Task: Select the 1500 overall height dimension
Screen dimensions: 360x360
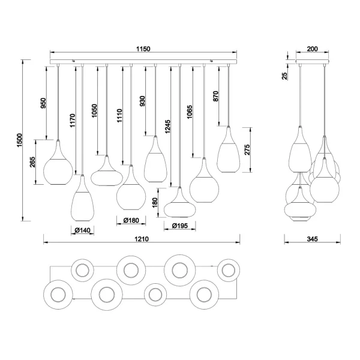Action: pos(17,140)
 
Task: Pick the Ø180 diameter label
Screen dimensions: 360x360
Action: pos(131,220)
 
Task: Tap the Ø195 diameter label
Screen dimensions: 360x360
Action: pos(179,226)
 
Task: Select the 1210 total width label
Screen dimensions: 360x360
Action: pos(142,239)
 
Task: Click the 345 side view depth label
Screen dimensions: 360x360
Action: pos(311,239)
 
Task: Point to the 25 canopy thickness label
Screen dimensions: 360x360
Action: pos(286,75)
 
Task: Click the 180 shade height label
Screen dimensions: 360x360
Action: pos(155,203)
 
